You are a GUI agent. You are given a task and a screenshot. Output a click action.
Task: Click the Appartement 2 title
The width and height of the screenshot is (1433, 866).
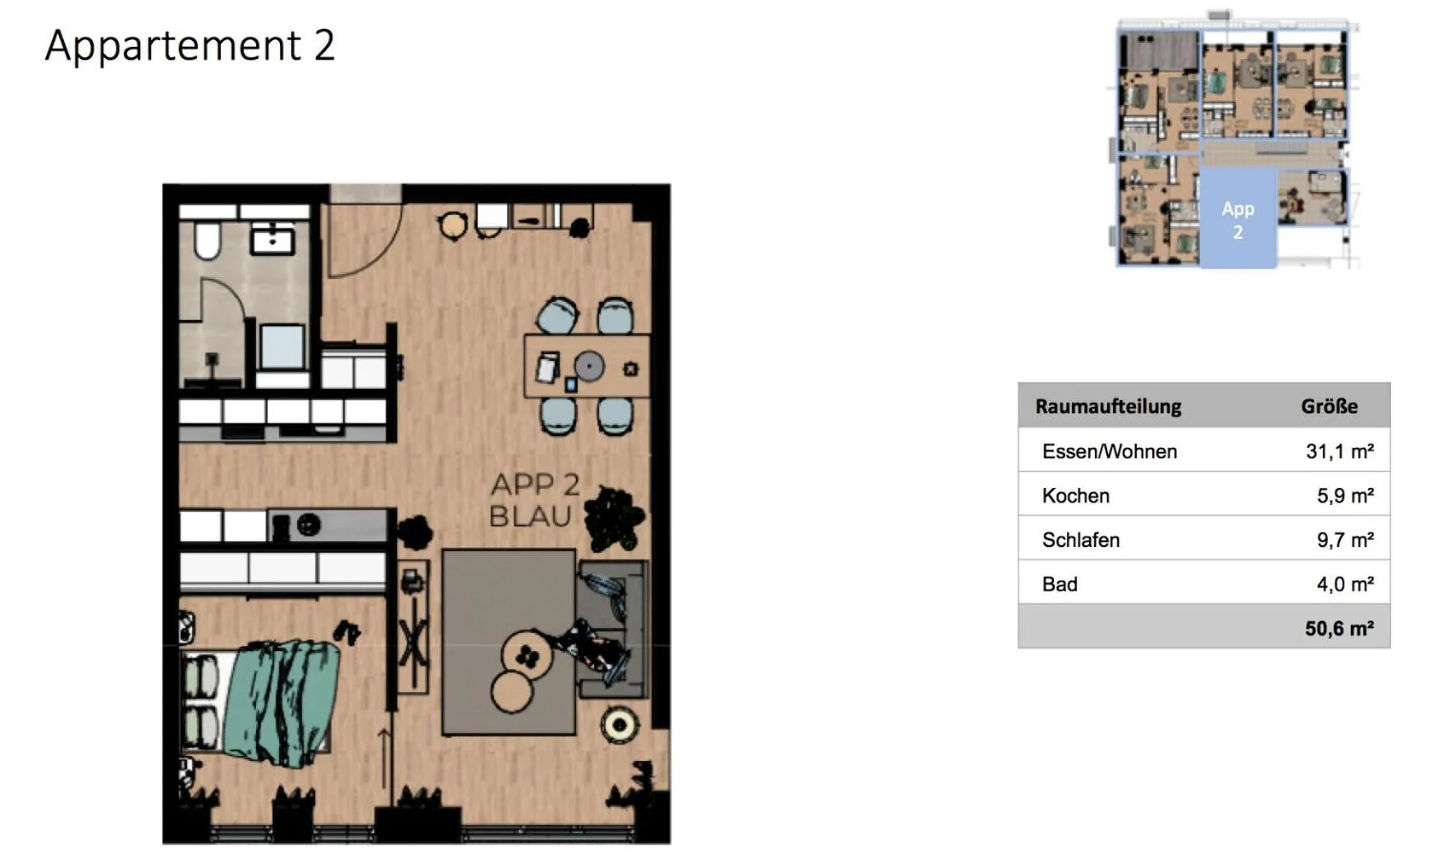pos(190,45)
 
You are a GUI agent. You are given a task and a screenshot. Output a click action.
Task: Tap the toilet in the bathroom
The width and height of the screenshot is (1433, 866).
pos(207,239)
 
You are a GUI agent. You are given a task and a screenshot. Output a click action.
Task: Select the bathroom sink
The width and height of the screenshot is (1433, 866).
pos(272,239)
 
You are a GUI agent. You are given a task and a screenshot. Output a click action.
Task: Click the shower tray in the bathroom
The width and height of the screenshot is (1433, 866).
pos(282,346)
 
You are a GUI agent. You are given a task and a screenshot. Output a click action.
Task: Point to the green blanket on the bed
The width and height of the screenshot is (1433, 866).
pos(283,701)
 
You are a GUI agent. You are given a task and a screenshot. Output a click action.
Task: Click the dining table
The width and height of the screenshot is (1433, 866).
pos(587,366)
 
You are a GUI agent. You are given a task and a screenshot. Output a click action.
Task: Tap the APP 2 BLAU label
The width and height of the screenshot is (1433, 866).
pos(533,500)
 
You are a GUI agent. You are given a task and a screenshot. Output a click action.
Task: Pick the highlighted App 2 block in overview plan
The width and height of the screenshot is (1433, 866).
pos(1238,220)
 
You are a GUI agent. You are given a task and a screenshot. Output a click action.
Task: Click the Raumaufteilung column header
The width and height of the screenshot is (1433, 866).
pos(1108,406)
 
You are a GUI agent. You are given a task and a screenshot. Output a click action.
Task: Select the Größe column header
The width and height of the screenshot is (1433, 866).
pos(1329,406)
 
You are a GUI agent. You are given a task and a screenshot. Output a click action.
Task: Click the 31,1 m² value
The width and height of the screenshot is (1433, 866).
pos(1339,451)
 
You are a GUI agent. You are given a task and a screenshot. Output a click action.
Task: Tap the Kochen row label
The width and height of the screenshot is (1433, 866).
pos(1075,495)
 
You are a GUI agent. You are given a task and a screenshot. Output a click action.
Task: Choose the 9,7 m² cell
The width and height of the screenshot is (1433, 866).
pos(1344,540)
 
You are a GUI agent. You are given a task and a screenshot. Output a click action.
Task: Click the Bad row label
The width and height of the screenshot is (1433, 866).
pos(1060,584)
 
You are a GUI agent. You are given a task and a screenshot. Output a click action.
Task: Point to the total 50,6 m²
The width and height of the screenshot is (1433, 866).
pos(1339,628)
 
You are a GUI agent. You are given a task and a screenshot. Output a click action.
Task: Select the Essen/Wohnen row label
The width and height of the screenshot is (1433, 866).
pos(1109,451)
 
